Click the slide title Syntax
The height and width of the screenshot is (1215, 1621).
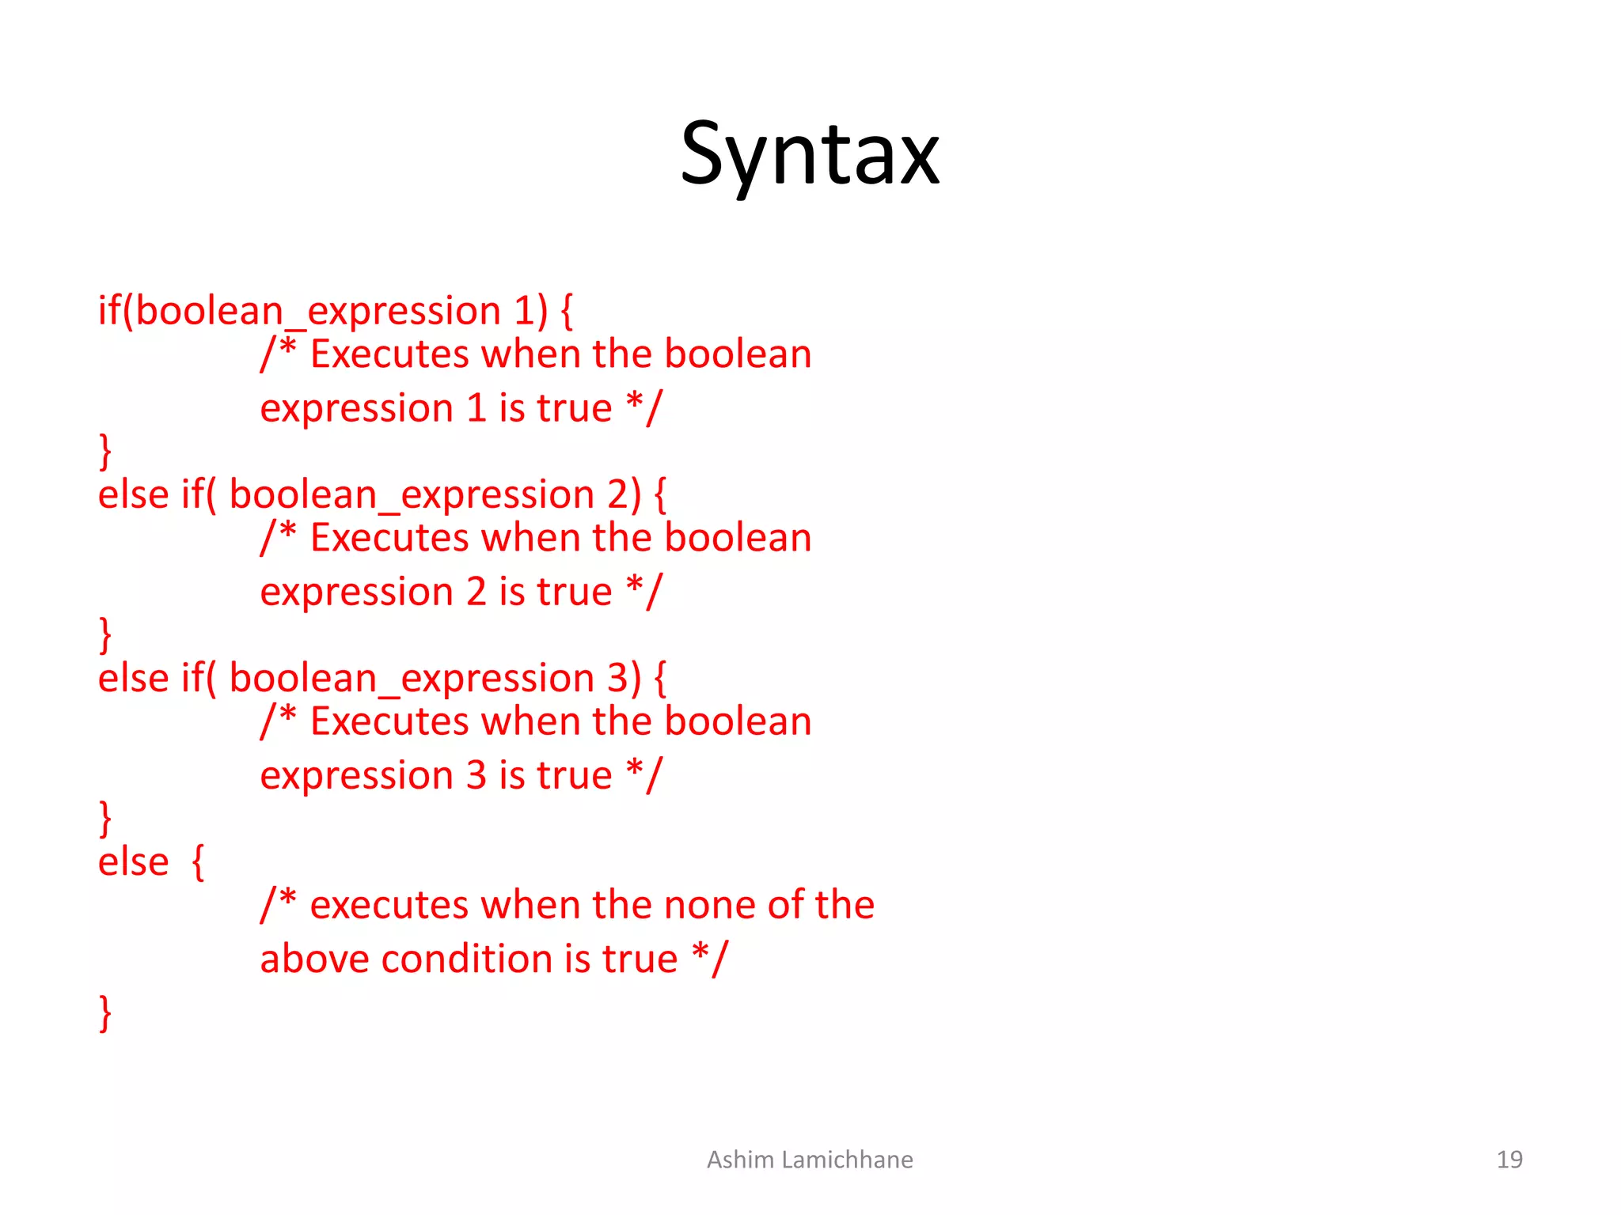pos(810,154)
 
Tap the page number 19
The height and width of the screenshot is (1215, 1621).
pos(1509,1160)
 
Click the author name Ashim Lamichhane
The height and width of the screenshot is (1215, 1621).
pos(810,1160)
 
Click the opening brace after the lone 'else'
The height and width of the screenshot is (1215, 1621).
pos(199,861)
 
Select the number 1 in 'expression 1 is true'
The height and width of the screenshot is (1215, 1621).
pos(476,408)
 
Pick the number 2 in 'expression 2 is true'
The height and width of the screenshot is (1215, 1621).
pos(476,592)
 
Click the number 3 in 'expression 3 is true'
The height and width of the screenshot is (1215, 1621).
pos(476,775)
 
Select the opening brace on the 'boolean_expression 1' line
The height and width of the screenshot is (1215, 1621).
pos(567,311)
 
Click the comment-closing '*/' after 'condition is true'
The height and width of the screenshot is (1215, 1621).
pos(709,960)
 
